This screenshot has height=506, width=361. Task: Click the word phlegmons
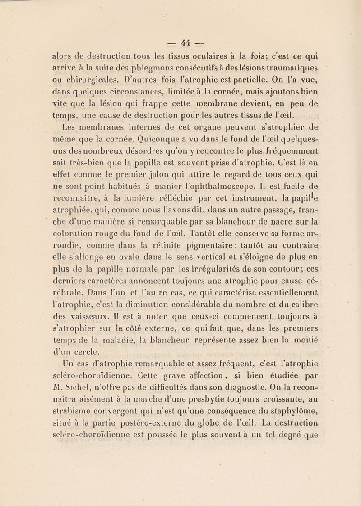[x=114, y=69]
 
